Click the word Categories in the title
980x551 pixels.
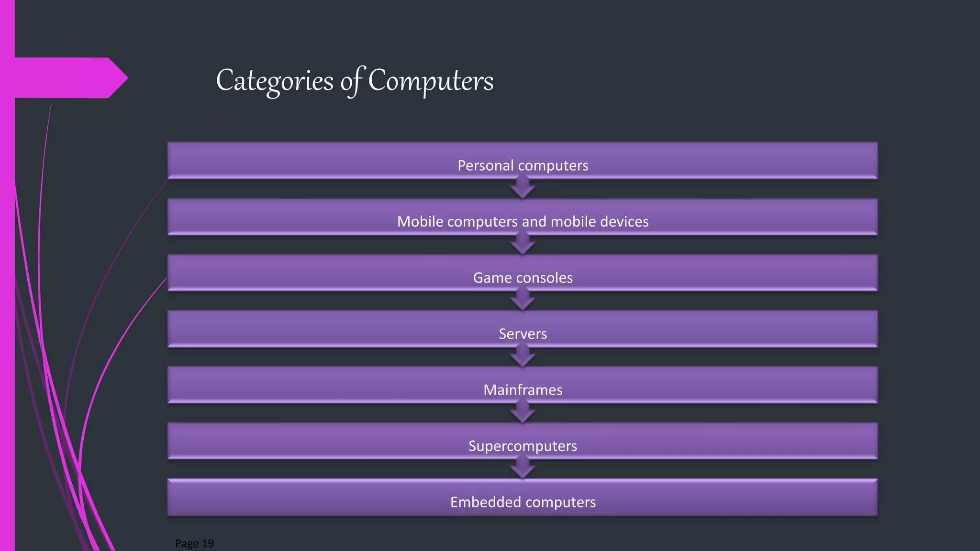(x=275, y=80)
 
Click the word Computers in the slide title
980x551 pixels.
(x=431, y=80)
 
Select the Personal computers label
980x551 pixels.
(x=523, y=165)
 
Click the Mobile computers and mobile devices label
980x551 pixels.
(x=523, y=221)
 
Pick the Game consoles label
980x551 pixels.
(x=523, y=277)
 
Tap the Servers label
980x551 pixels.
(x=523, y=333)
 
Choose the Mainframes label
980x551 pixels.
(x=523, y=390)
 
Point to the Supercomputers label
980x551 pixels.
(x=523, y=446)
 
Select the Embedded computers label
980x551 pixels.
(x=523, y=502)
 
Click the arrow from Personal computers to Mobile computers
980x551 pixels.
(x=523, y=188)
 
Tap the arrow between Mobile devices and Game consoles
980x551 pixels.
(x=523, y=244)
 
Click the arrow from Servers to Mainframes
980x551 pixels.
(x=523, y=356)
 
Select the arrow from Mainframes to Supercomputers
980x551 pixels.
(x=523, y=412)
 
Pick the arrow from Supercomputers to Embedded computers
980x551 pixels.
(x=523, y=468)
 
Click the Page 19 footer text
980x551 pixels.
(x=194, y=543)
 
